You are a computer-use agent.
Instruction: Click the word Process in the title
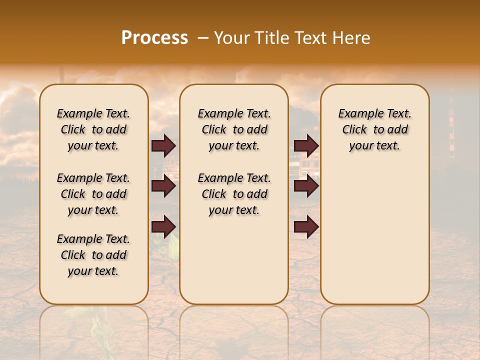pos(154,38)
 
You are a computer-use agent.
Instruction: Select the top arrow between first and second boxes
pos(163,146)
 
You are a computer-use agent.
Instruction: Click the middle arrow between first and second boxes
pos(163,186)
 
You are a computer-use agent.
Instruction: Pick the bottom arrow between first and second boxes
pos(163,226)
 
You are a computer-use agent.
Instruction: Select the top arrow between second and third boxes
pos(306,146)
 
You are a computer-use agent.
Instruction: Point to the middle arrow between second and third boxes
pos(306,186)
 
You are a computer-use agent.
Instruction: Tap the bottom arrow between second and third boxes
pos(306,226)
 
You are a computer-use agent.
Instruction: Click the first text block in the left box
pos(93,129)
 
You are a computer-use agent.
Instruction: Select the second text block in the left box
pos(93,194)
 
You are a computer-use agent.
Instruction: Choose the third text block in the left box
pos(93,255)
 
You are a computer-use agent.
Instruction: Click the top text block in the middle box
pos(234,129)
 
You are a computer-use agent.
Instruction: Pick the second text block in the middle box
pos(234,194)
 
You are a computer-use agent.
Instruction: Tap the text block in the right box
pos(374,129)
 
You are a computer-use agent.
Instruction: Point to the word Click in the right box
pos(354,130)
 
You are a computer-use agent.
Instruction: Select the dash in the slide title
pos(202,38)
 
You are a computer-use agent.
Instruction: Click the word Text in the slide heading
pos(310,38)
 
